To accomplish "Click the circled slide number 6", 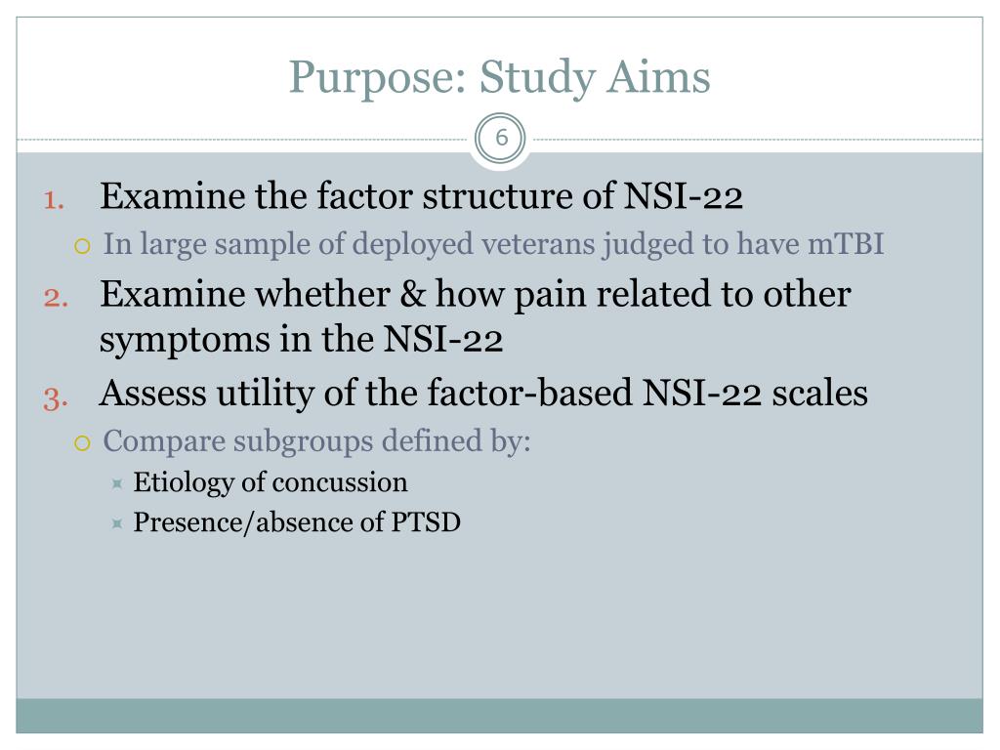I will tap(501, 139).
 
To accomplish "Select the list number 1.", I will tap(54, 199).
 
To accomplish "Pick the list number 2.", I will tap(55, 296).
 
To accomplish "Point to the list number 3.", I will tap(54, 396).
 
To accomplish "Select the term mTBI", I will tap(846, 243).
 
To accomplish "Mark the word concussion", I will tap(340, 482).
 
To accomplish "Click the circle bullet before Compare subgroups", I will tap(83, 442).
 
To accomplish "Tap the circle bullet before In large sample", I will tap(83, 244).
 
